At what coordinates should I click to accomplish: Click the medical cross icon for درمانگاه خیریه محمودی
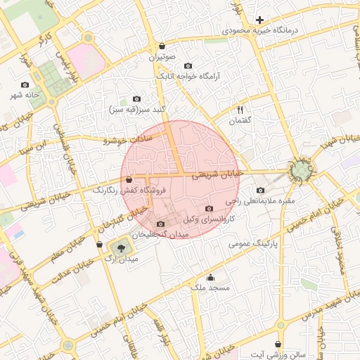[x=259, y=20]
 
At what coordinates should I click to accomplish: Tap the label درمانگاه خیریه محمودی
[x=261, y=31]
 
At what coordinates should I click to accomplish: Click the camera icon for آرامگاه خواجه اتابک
[x=188, y=65]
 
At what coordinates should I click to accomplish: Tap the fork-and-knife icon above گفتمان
[x=240, y=110]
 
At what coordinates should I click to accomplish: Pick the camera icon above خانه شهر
[x=25, y=84]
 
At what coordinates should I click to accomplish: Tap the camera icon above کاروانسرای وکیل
[x=209, y=208]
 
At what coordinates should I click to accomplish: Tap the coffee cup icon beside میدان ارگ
[x=99, y=245]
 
